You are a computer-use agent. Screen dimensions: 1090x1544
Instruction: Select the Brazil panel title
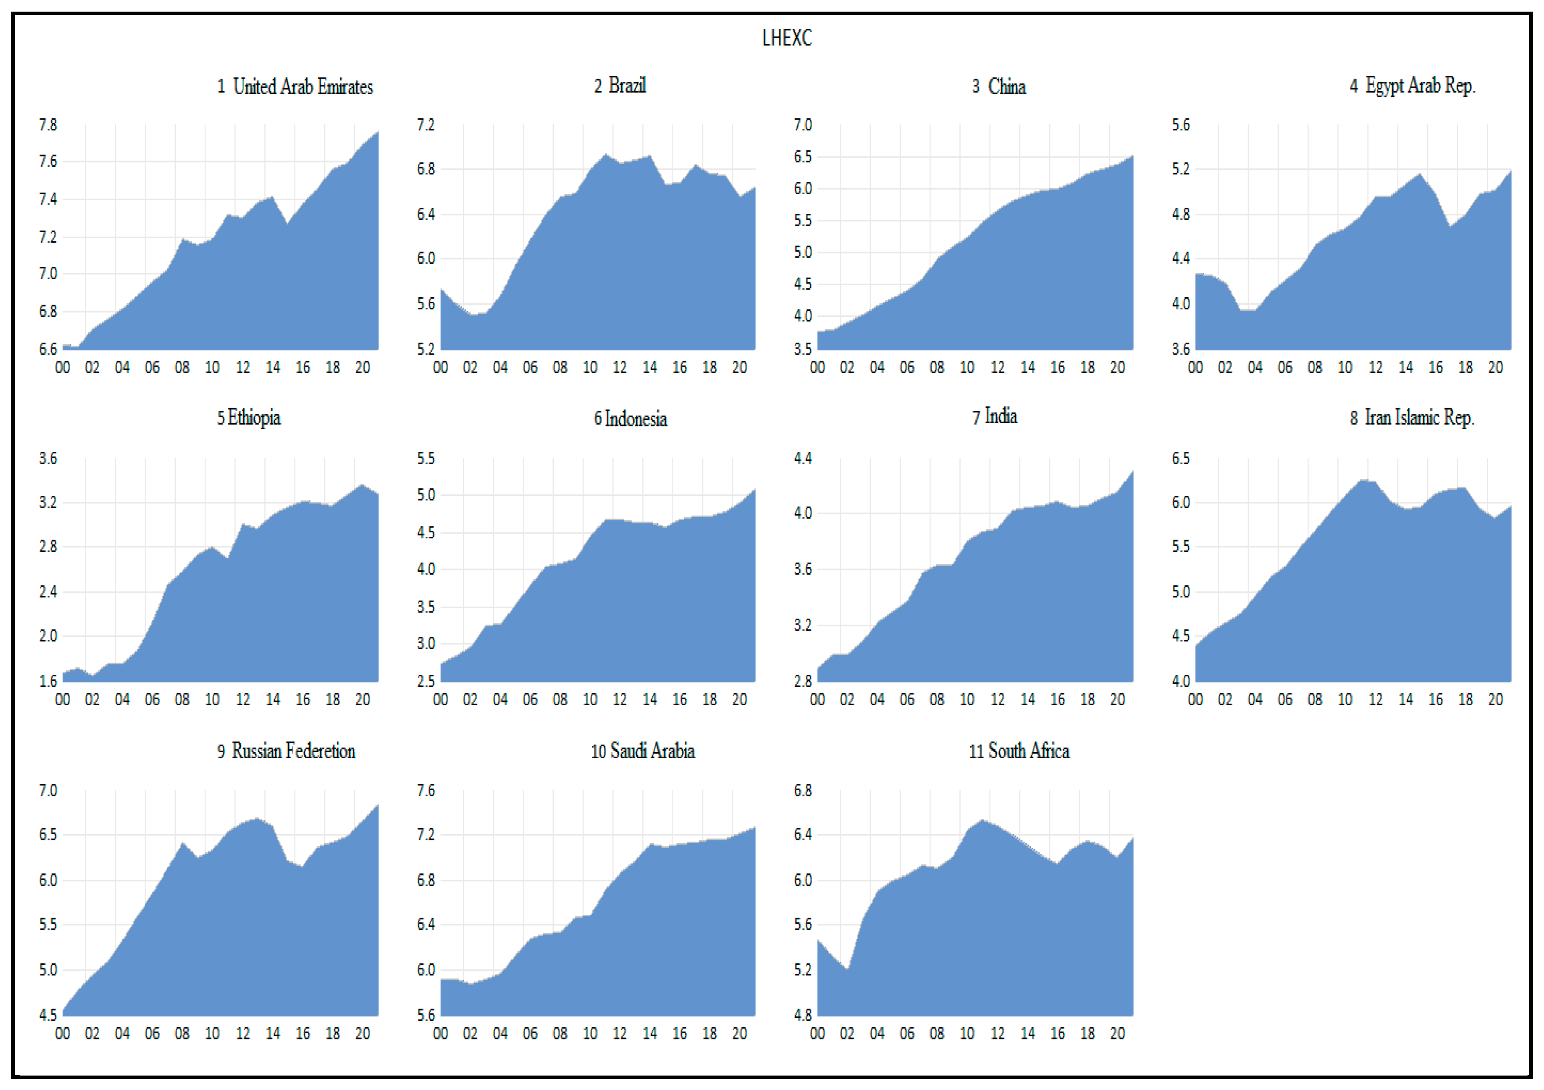click(620, 85)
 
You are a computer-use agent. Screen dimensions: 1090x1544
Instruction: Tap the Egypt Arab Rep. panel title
click(1412, 85)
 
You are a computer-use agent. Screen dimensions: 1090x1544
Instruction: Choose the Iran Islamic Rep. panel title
click(1412, 418)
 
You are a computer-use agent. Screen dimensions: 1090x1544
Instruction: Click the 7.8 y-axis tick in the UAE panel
click(48, 125)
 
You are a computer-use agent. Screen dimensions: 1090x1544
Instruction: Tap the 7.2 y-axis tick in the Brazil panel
click(426, 125)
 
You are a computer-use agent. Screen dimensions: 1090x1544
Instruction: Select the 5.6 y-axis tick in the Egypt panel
click(1181, 125)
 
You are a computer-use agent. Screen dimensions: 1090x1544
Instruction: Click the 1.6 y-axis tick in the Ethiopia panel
click(48, 681)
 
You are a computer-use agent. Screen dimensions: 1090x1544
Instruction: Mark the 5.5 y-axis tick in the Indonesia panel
click(426, 459)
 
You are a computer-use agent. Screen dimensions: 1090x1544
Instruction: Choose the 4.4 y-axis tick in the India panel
click(803, 459)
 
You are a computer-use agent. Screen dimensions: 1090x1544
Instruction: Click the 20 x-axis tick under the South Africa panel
click(1117, 1033)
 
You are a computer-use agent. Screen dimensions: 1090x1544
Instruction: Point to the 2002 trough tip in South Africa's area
click(847, 969)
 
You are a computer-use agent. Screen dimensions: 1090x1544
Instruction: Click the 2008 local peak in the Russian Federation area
click(182, 842)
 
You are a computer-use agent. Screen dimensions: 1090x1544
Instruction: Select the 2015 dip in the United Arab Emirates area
click(287, 224)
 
